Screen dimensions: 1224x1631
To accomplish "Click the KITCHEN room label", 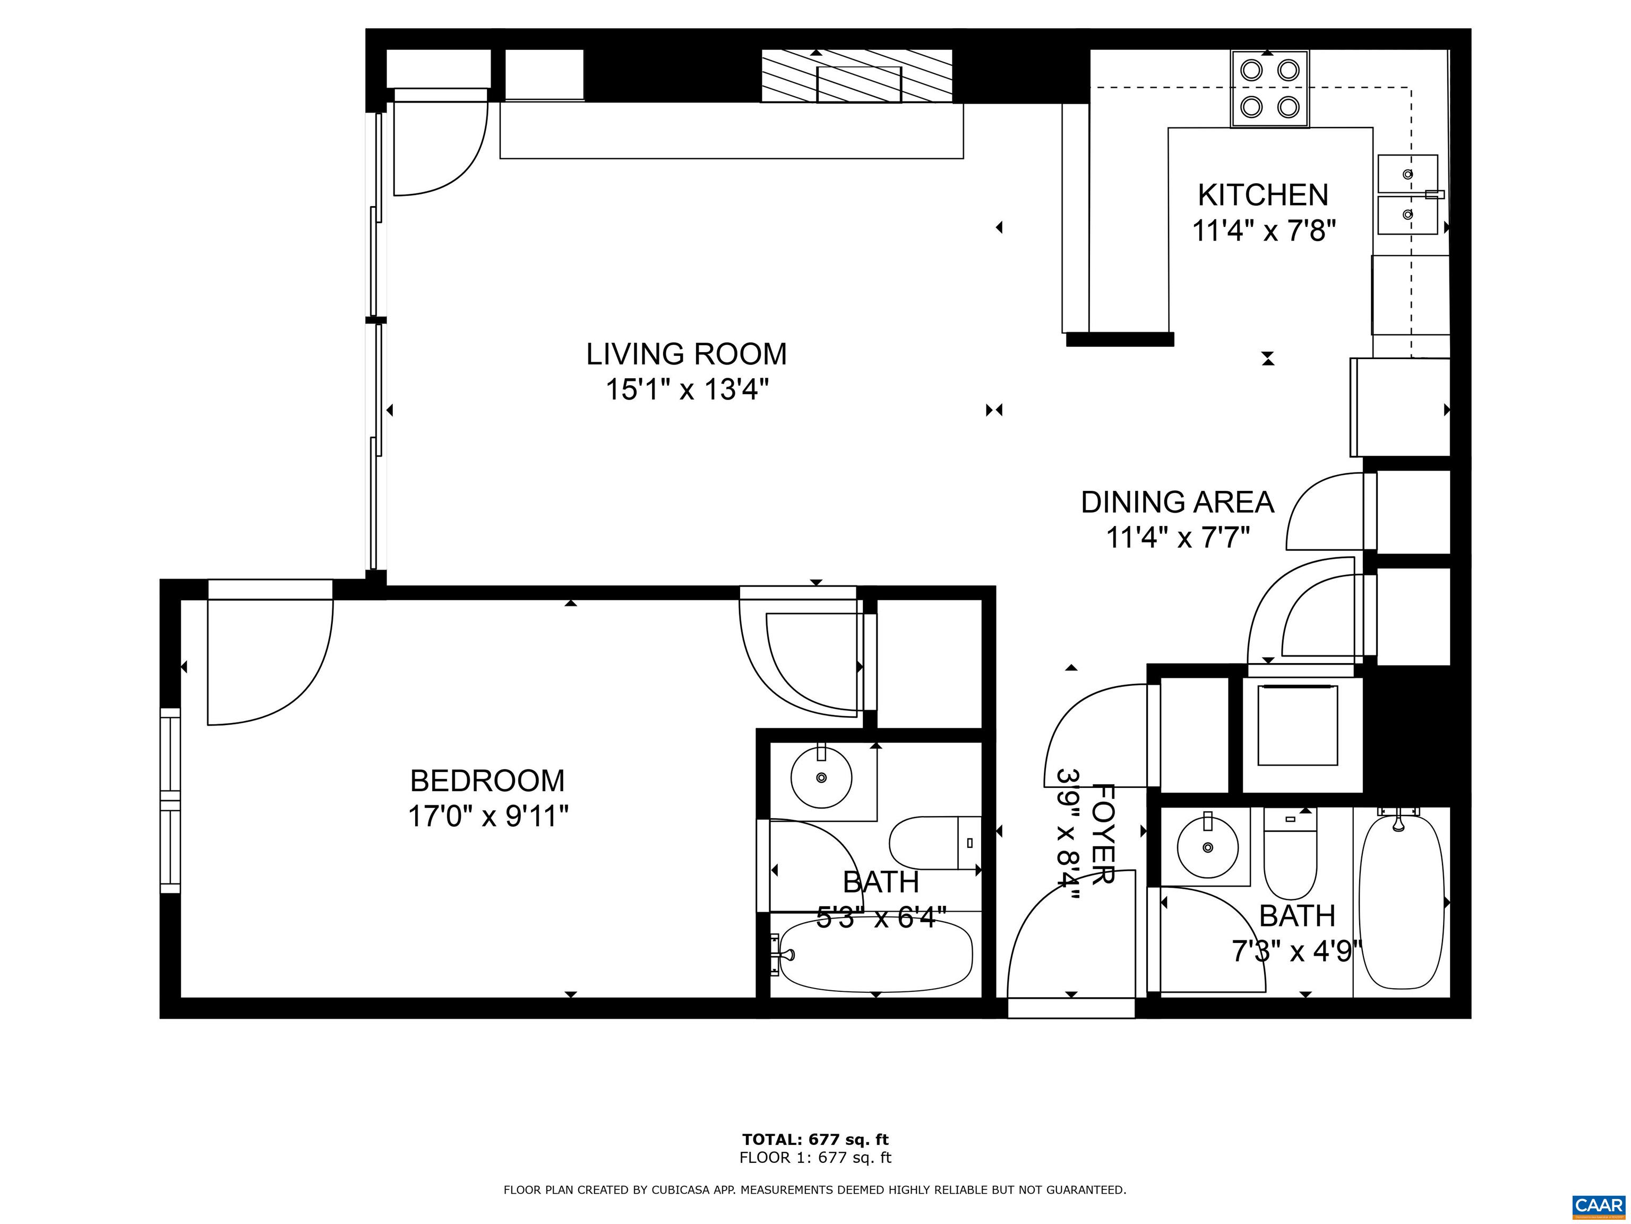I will pyautogui.click(x=1263, y=195).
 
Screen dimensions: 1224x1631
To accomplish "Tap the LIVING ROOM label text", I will pyautogui.click(x=686, y=354).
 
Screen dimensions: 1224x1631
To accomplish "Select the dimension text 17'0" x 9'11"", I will pyautogui.click(x=488, y=817).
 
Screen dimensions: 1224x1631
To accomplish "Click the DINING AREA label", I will pyautogui.click(x=1177, y=503).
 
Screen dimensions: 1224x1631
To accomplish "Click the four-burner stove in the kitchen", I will pyautogui.click(x=1269, y=89).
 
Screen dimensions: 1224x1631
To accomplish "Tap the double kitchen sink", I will pyautogui.click(x=1407, y=195).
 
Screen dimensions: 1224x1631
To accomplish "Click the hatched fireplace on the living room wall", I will pyautogui.click(x=857, y=76).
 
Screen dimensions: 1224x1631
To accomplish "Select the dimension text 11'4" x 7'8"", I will pyautogui.click(x=1264, y=231).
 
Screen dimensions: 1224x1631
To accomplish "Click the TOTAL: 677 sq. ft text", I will pyautogui.click(x=815, y=1140).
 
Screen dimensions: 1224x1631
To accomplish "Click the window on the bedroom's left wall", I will pyautogui.click(x=170, y=801).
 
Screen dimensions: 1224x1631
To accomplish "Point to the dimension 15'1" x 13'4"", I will pyautogui.click(x=686, y=389).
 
